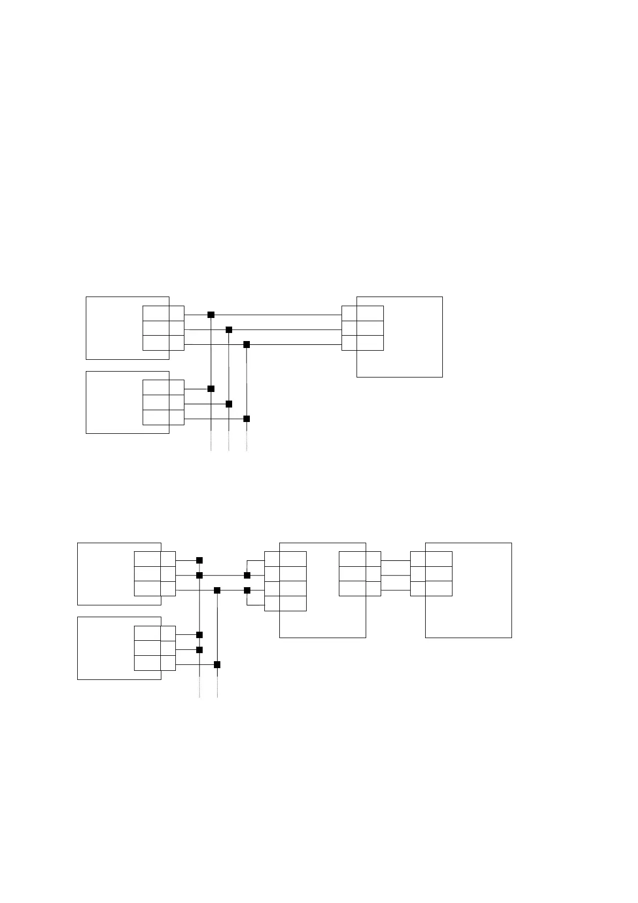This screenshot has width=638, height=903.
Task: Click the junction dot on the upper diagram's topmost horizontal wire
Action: [x=211, y=314]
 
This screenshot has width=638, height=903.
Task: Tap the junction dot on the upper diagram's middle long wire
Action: [x=229, y=329]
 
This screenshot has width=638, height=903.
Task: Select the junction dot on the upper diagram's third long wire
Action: [x=247, y=344]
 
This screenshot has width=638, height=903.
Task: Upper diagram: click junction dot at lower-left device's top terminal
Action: [x=211, y=388]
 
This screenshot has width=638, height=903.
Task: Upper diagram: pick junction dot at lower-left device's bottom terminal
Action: [x=247, y=418]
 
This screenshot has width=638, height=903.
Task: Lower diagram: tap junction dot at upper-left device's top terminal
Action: [x=199, y=560]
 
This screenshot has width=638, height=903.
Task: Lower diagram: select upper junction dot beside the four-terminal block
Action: [x=247, y=575]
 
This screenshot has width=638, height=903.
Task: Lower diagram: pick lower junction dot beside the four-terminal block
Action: [x=247, y=590]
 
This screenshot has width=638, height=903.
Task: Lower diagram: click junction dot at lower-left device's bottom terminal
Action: [x=217, y=664]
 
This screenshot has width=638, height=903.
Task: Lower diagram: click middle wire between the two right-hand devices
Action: [x=396, y=575]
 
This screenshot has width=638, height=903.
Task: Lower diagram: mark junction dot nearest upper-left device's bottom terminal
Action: [x=217, y=590]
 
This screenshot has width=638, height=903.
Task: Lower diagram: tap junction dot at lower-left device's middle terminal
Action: [x=199, y=650]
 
